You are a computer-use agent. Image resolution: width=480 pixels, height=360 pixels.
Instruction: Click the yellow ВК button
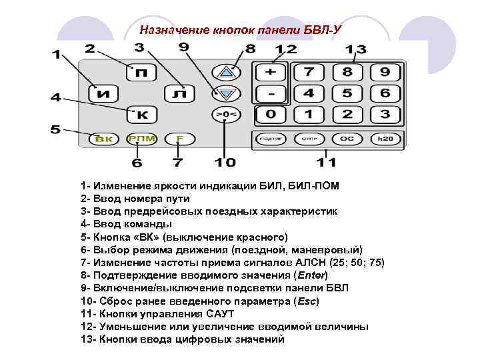[103, 139]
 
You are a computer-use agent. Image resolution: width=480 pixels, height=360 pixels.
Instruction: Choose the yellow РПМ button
[141, 139]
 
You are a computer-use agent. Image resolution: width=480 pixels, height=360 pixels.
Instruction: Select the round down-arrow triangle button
[226, 93]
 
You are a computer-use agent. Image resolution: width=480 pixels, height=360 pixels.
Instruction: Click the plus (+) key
[270, 71]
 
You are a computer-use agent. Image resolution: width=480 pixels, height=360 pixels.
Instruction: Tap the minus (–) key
[270, 93]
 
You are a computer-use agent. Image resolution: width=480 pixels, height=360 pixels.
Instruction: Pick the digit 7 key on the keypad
[309, 71]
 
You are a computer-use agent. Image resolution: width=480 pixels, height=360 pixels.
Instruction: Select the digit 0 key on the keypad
[270, 114]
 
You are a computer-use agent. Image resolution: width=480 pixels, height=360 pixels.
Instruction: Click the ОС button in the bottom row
[347, 139]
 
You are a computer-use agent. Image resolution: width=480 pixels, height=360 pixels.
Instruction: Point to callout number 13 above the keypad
[355, 50]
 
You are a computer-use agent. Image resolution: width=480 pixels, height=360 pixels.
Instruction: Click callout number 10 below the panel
[225, 161]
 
